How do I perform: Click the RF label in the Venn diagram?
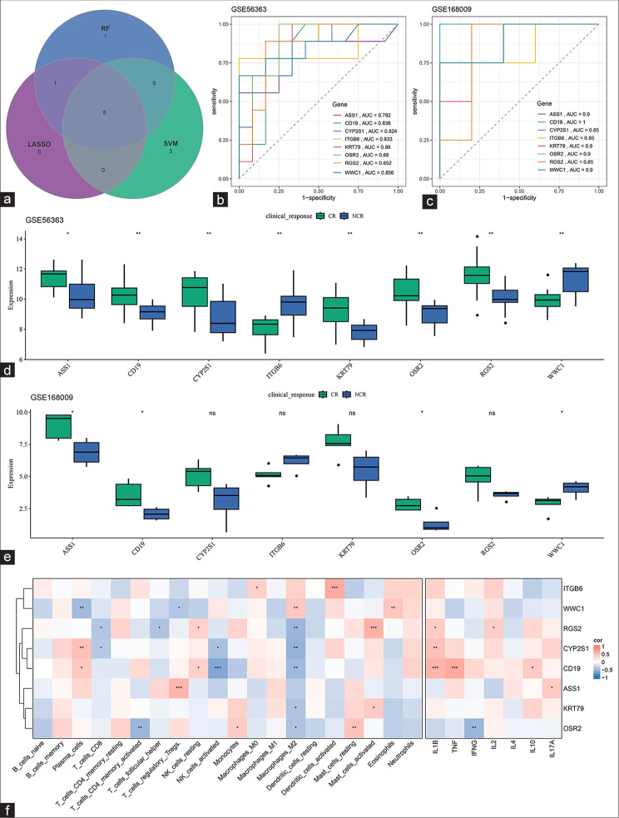(106, 27)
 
